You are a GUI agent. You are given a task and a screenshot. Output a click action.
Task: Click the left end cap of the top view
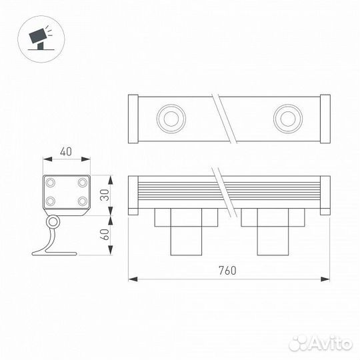coord(133,119)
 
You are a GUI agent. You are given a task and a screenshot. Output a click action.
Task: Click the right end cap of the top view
coord(325,119)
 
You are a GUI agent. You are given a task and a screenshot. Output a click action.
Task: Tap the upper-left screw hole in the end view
coord(51,182)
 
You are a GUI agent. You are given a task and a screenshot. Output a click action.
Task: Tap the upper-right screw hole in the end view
coord(82,182)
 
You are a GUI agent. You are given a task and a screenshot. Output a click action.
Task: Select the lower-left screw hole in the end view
coord(51,200)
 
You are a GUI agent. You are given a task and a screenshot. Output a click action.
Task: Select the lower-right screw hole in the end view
coord(82,200)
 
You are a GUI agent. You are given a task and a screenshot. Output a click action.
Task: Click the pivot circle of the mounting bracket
coord(52,221)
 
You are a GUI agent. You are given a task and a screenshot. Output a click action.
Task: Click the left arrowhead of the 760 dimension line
coord(131,278)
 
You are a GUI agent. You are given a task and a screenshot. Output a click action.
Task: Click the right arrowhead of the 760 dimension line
coord(327,278)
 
